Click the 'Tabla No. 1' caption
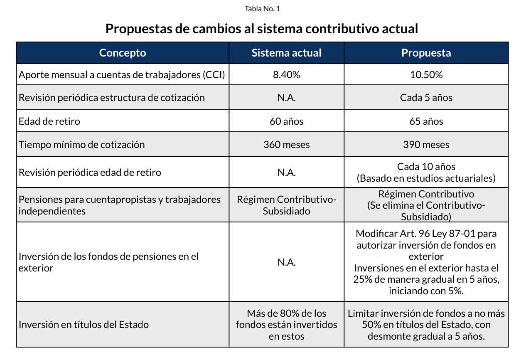point(263,9)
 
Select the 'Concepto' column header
point(123,53)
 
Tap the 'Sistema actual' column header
point(286,53)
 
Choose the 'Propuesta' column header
point(426,53)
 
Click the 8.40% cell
point(286,75)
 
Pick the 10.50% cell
point(426,75)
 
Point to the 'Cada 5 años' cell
point(426,98)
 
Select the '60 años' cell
point(286,121)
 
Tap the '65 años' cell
point(426,121)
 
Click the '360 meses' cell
point(286,145)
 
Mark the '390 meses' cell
point(426,145)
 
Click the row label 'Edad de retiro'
point(49,121)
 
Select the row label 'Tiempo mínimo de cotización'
point(82,145)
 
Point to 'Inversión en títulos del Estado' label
point(84,325)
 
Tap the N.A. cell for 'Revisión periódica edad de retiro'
point(286,173)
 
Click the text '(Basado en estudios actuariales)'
point(426,178)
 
